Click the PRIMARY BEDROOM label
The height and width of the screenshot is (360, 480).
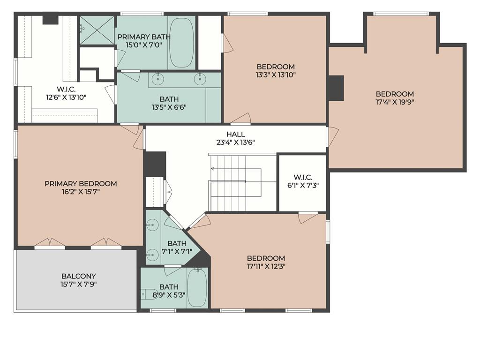(x=81, y=184)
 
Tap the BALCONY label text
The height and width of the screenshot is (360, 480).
(x=79, y=276)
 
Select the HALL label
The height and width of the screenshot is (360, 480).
(x=236, y=134)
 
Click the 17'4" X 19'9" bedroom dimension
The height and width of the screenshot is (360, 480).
(x=395, y=102)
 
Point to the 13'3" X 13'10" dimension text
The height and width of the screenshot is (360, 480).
(x=276, y=75)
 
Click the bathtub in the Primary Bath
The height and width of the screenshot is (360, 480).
(x=181, y=43)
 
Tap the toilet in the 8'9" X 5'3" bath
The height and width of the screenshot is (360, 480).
(x=149, y=294)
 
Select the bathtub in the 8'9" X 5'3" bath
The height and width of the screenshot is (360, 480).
(x=197, y=287)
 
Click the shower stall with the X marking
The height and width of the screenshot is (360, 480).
(x=97, y=30)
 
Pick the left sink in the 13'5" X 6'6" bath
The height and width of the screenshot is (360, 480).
(x=158, y=80)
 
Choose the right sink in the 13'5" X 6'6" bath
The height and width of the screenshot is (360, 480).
(x=200, y=80)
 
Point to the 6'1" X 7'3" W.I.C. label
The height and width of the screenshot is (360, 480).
(x=303, y=181)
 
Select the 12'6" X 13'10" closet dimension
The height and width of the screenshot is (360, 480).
(x=66, y=97)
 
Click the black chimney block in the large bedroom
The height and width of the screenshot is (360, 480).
(x=336, y=88)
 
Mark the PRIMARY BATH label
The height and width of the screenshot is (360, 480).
(x=144, y=37)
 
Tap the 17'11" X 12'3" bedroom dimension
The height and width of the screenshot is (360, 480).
(x=266, y=266)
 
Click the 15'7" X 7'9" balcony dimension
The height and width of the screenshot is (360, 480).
(x=79, y=285)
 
